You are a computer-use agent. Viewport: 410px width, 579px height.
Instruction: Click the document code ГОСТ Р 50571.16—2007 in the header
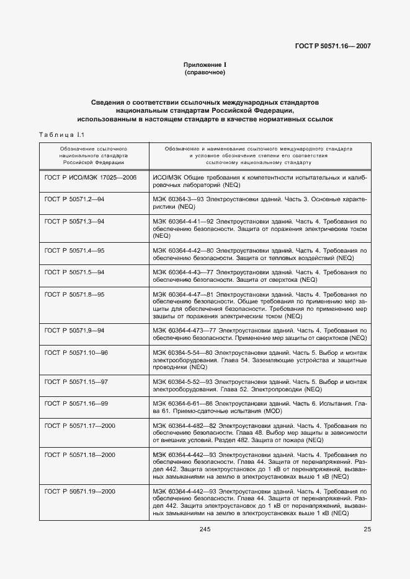(x=335, y=46)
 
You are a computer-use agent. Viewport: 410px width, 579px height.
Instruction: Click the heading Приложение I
(x=205, y=65)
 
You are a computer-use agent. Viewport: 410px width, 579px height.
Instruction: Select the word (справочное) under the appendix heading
(x=205, y=73)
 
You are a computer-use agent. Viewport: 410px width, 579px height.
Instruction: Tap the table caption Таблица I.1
(x=61, y=134)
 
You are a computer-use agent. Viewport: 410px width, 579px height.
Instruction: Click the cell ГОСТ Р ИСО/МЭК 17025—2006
(x=91, y=177)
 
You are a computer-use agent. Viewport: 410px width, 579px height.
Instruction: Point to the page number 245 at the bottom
(x=205, y=528)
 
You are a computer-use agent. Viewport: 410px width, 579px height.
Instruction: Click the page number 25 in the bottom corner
(x=367, y=528)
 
